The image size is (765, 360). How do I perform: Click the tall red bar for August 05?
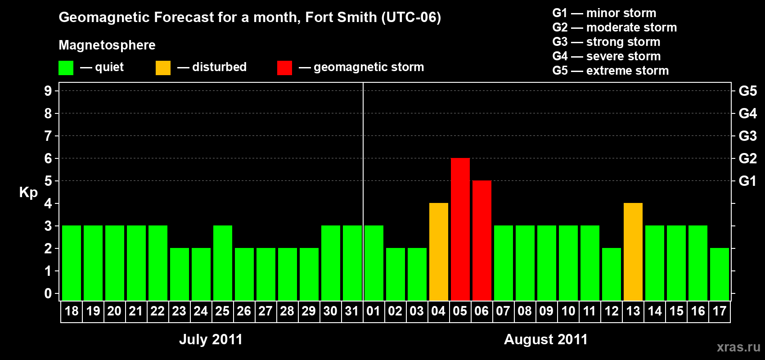coord(460,229)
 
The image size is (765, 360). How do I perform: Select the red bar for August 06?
coord(481,240)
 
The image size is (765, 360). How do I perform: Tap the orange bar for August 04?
coord(438,252)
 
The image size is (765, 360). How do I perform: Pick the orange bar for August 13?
coord(633,252)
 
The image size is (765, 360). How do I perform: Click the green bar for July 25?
coord(222,263)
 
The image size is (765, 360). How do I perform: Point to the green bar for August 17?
coord(719,274)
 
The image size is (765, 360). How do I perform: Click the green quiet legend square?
coord(66,68)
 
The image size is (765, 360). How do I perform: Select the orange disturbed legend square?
coord(163,68)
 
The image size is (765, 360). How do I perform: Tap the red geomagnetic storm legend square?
coord(284,68)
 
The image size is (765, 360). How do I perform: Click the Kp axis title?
coord(28,192)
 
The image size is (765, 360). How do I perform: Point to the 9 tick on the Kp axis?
coord(48,91)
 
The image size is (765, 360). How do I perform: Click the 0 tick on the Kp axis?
coord(48,293)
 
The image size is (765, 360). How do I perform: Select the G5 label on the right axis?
coord(747,91)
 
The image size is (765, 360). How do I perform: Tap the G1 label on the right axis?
coord(747,181)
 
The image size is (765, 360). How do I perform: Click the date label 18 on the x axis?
coord(72,311)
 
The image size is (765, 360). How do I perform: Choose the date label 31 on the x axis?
coord(352,311)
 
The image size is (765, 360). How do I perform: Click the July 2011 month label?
coord(211,339)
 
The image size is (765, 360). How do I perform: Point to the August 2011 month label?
coord(545,339)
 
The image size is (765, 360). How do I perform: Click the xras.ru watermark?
coord(738,347)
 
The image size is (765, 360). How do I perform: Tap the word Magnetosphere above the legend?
coord(107,45)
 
